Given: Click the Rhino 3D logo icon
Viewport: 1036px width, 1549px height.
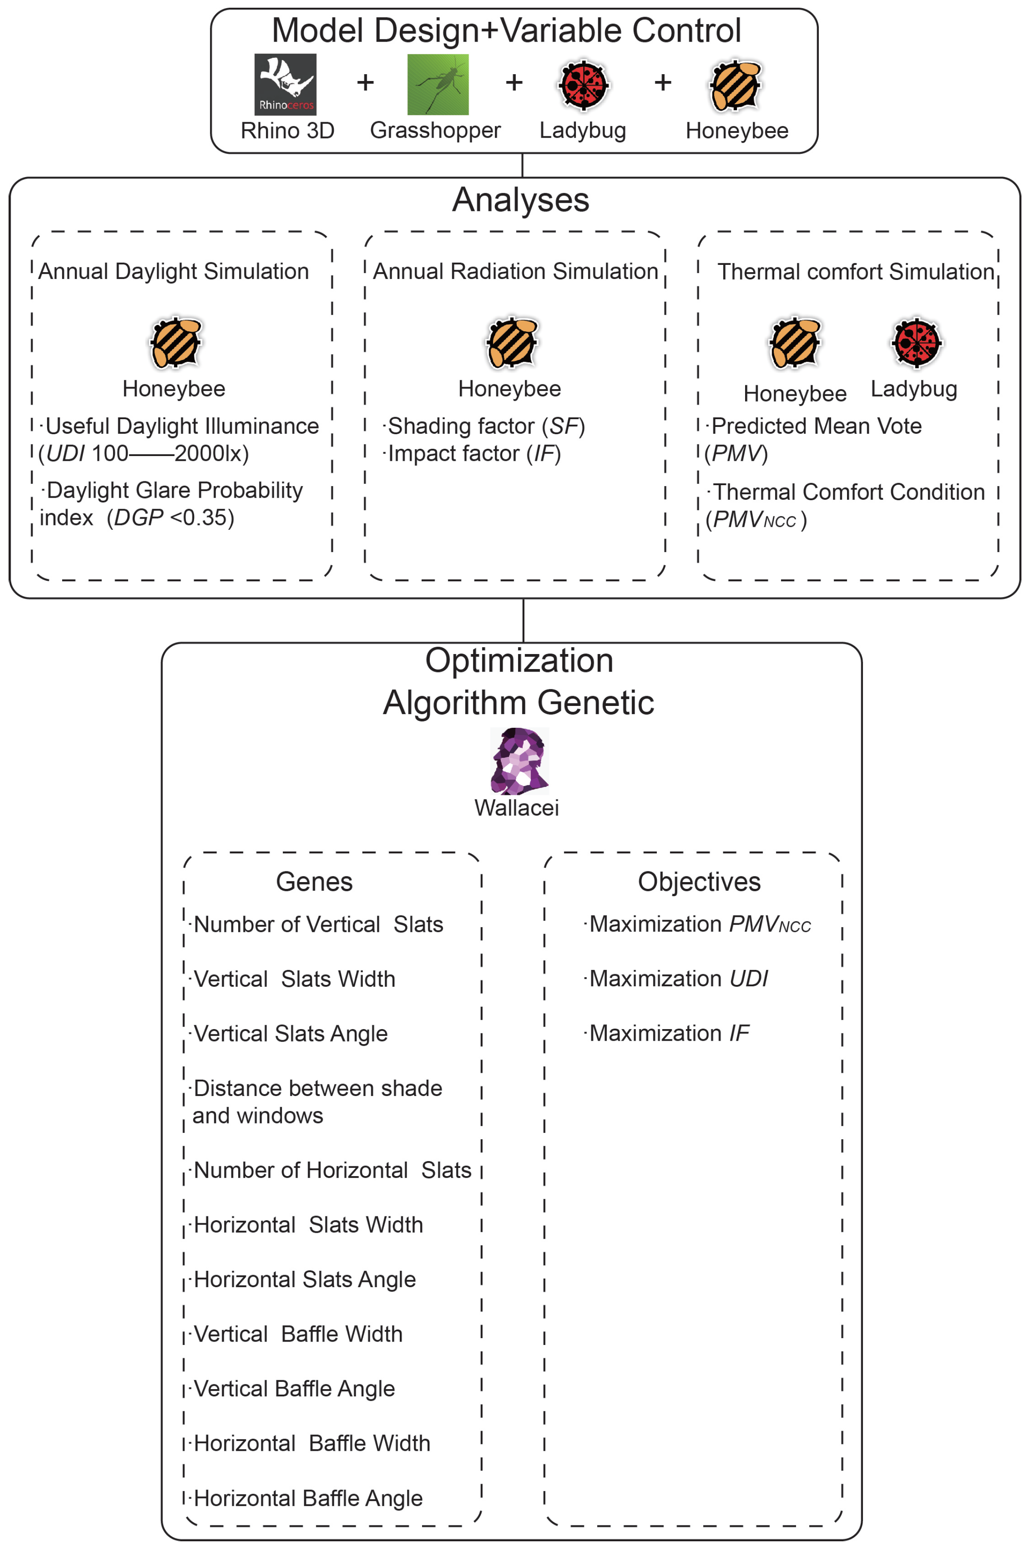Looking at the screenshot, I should click(x=285, y=84).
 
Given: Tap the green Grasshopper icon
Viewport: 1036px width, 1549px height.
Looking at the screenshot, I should click(x=437, y=84).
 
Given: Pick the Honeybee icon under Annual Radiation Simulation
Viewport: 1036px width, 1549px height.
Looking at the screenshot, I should click(x=512, y=342).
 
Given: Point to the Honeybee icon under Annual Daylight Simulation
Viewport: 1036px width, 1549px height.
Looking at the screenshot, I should click(x=175, y=342).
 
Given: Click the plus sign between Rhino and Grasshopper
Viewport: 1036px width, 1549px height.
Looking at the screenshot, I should click(x=365, y=83).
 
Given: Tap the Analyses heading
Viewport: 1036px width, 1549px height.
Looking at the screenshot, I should click(x=520, y=200).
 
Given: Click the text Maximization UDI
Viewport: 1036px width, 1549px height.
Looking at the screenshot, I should click(x=679, y=979).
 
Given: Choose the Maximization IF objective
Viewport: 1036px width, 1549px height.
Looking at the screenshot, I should click(x=669, y=1033).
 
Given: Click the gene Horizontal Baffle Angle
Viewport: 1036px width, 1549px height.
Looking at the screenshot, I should click(x=308, y=1498).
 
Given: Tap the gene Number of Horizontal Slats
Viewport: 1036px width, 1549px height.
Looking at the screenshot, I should click(x=332, y=1171).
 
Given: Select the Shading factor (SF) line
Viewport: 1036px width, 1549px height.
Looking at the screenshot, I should click(x=485, y=426).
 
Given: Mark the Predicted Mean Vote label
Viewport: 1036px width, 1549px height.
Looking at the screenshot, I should click(x=816, y=426).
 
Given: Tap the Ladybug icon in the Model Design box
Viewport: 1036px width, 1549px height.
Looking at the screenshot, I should click(x=584, y=84).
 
